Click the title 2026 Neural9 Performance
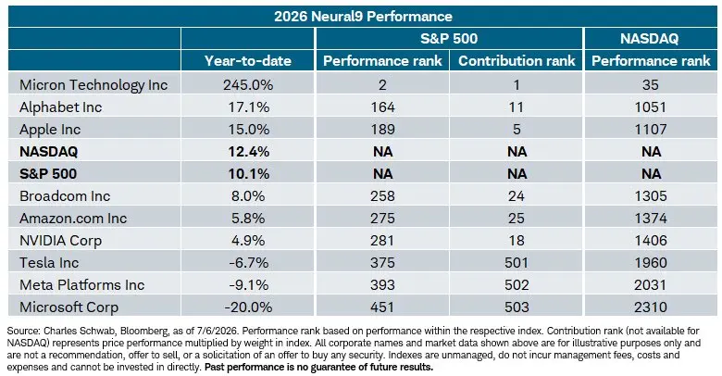click(x=363, y=17)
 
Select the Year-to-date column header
click(x=248, y=61)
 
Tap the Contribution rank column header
click(x=517, y=61)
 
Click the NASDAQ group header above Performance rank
click(x=649, y=38)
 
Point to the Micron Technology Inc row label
click(x=93, y=85)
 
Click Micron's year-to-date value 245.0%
click(x=248, y=85)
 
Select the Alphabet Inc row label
click(x=61, y=107)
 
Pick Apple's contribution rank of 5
click(x=517, y=130)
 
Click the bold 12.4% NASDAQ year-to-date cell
click(x=249, y=152)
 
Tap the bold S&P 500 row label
click(x=48, y=174)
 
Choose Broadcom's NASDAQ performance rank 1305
click(x=650, y=195)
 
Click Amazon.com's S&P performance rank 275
click(x=382, y=218)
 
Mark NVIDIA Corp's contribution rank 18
click(x=517, y=241)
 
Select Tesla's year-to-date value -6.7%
click(x=249, y=263)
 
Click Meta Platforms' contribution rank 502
click(x=517, y=284)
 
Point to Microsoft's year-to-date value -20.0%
click(x=248, y=307)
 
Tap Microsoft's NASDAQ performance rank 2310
click(x=650, y=307)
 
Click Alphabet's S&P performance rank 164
click(x=382, y=107)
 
